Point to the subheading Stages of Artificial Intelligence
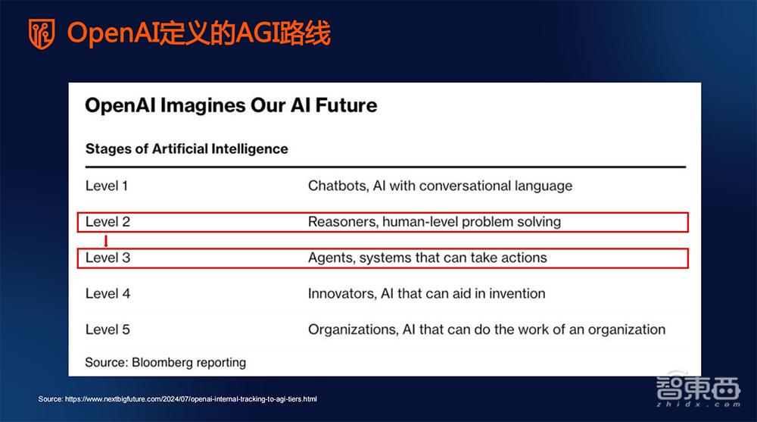pos(186,148)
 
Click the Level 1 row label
pos(107,186)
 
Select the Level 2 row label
pos(107,222)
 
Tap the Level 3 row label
pos(107,258)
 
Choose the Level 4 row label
pos(107,293)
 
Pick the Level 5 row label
pos(107,330)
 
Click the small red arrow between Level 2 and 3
pos(106,241)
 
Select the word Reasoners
pos(341,222)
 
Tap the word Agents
pos(331,258)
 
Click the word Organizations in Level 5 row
pos(351,330)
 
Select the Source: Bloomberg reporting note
pos(165,362)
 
